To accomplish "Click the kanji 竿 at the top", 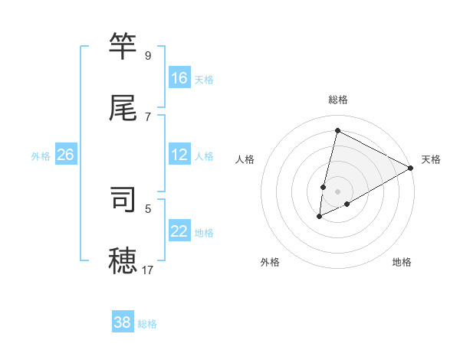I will (x=124, y=47).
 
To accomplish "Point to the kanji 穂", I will (x=124, y=260).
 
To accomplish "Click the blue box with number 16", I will (x=179, y=78).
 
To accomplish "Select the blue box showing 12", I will (x=179, y=155).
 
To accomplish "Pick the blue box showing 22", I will (x=179, y=231).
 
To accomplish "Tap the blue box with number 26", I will (x=65, y=155).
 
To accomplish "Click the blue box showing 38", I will (x=123, y=322).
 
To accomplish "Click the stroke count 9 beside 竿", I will (x=148, y=56).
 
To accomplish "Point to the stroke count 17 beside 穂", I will (x=148, y=270).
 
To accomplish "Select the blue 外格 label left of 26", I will (x=41, y=155).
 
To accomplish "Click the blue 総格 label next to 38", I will (x=147, y=324).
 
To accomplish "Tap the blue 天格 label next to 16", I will (x=203, y=79).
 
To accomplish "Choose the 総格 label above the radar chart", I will (x=338, y=100).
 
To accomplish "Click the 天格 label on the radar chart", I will (x=431, y=159).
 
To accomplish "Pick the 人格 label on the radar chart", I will (x=245, y=159).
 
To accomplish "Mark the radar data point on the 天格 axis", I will (x=411, y=168).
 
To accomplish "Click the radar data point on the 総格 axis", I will (x=337, y=130).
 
